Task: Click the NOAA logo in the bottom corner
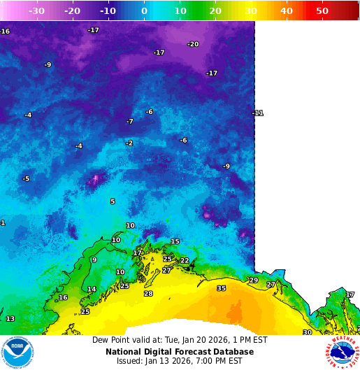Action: point(17,353)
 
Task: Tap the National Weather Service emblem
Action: point(342,353)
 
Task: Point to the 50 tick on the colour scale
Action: point(322,11)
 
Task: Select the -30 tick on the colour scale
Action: point(36,11)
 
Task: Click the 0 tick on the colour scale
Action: point(144,11)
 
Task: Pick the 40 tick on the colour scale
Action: point(287,11)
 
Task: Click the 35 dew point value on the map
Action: point(222,288)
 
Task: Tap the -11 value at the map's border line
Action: point(258,113)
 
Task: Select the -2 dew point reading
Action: point(129,143)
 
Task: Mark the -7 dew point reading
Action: point(129,122)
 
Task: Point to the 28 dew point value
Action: point(148,294)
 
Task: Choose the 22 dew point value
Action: point(185,261)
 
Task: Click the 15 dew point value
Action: point(175,242)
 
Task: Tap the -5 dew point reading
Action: point(26,179)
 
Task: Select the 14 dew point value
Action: point(92,290)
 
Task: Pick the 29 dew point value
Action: point(254,280)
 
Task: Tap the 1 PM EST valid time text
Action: point(250,340)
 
